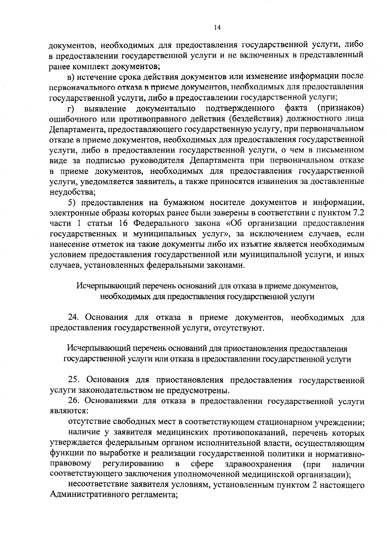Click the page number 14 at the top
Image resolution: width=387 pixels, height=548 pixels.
click(217, 28)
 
